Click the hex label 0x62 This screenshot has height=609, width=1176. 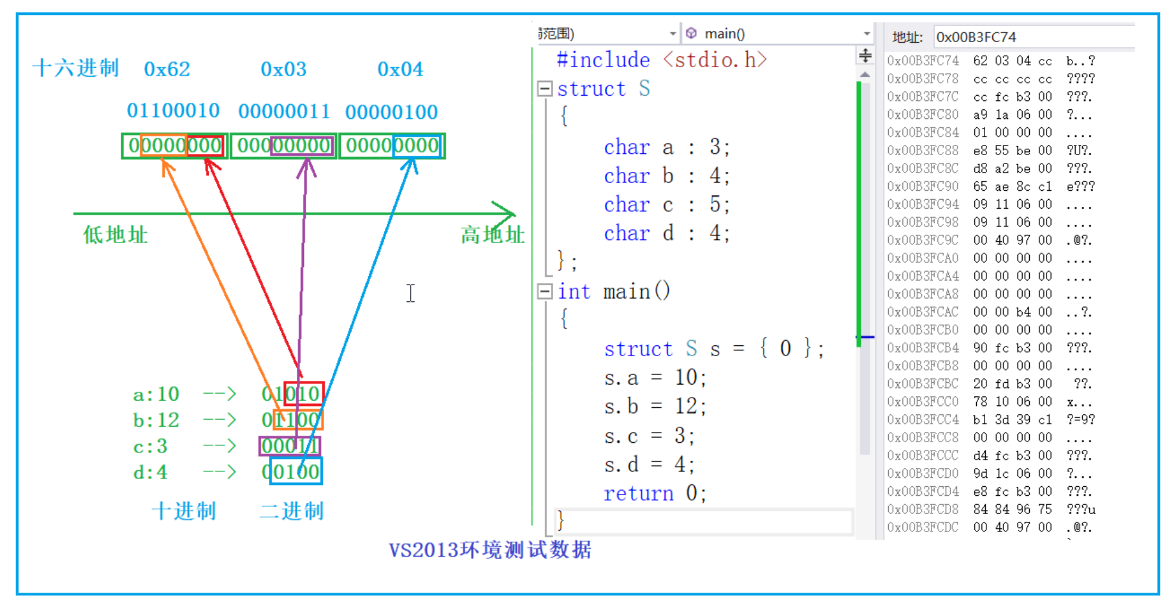click(167, 69)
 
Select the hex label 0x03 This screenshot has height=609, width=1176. click(283, 69)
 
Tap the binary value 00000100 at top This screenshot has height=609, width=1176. click(391, 112)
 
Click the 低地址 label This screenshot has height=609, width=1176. click(115, 235)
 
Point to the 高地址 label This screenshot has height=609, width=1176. click(492, 235)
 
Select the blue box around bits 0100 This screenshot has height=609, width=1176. click(296, 471)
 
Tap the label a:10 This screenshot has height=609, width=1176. click(156, 394)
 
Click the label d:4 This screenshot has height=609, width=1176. click(150, 473)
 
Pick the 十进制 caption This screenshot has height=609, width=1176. click(184, 511)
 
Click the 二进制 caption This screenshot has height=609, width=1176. click(292, 511)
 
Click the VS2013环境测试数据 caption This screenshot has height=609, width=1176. click(490, 550)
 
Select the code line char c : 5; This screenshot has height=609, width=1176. click(666, 205)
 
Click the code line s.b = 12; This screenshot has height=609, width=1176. click(655, 406)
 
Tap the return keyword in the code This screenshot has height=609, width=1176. click(638, 494)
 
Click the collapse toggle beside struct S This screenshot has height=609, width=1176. click(545, 89)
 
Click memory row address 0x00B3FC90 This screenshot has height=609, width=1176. click(923, 186)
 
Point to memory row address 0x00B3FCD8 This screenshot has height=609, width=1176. click(923, 509)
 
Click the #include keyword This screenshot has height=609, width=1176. click(603, 60)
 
